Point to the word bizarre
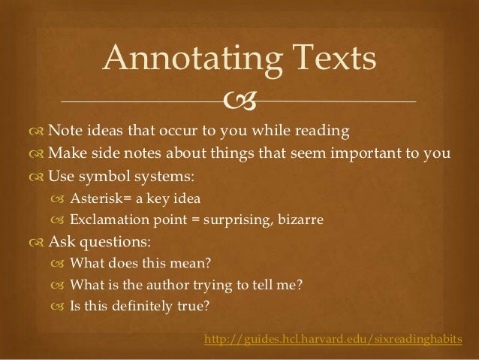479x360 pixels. click(301, 220)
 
